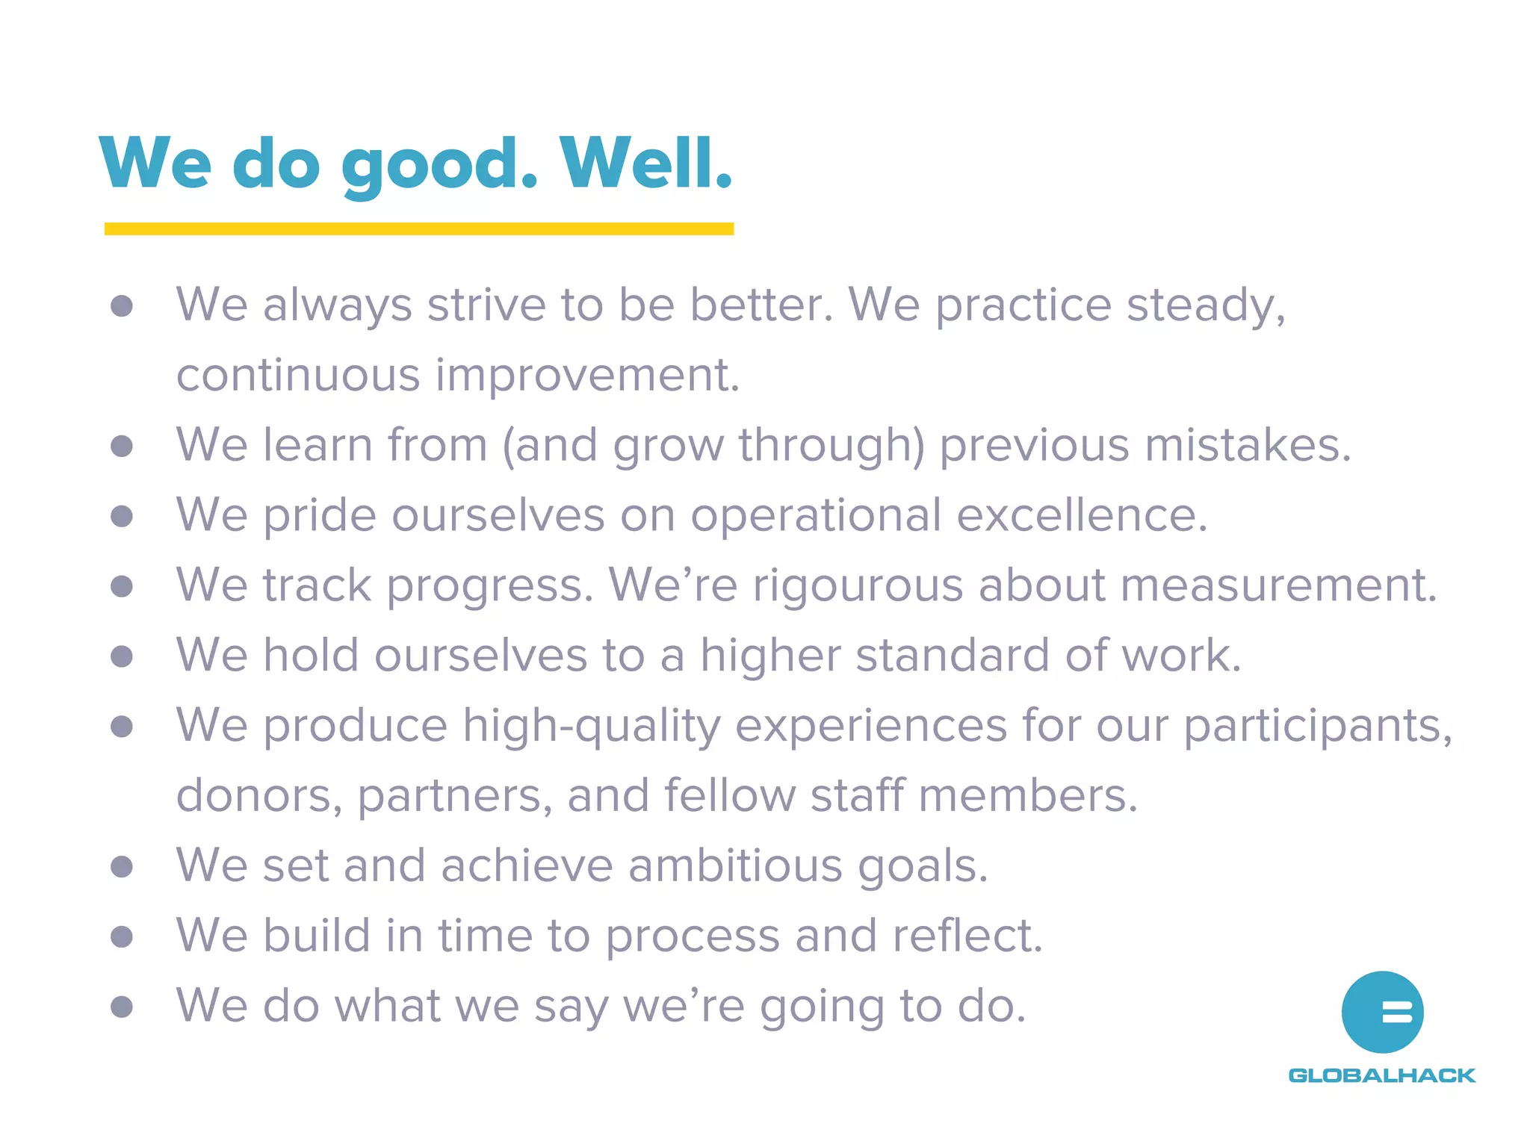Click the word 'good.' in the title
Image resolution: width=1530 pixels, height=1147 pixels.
pos(439,166)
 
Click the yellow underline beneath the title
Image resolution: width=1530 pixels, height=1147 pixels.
pos(418,229)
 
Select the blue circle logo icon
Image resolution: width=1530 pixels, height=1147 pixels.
pos(1382,1012)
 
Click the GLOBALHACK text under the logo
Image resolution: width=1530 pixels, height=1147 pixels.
pos(1382,1075)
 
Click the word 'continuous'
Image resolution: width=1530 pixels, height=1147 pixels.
pos(298,375)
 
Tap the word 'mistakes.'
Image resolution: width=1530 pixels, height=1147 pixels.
pos(1248,445)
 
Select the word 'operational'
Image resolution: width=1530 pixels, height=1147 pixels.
pos(816,515)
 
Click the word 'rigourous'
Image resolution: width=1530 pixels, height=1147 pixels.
pos(858,585)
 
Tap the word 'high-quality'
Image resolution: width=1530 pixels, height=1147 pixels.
pos(592,726)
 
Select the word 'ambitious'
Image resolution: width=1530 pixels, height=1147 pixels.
pos(735,866)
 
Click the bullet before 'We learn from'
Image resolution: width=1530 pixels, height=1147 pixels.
pos(122,447)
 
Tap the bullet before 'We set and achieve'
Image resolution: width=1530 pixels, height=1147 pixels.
pos(122,867)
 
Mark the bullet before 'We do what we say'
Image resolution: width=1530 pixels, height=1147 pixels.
pos(122,1007)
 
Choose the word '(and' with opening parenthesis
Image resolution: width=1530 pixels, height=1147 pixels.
pos(550,446)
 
